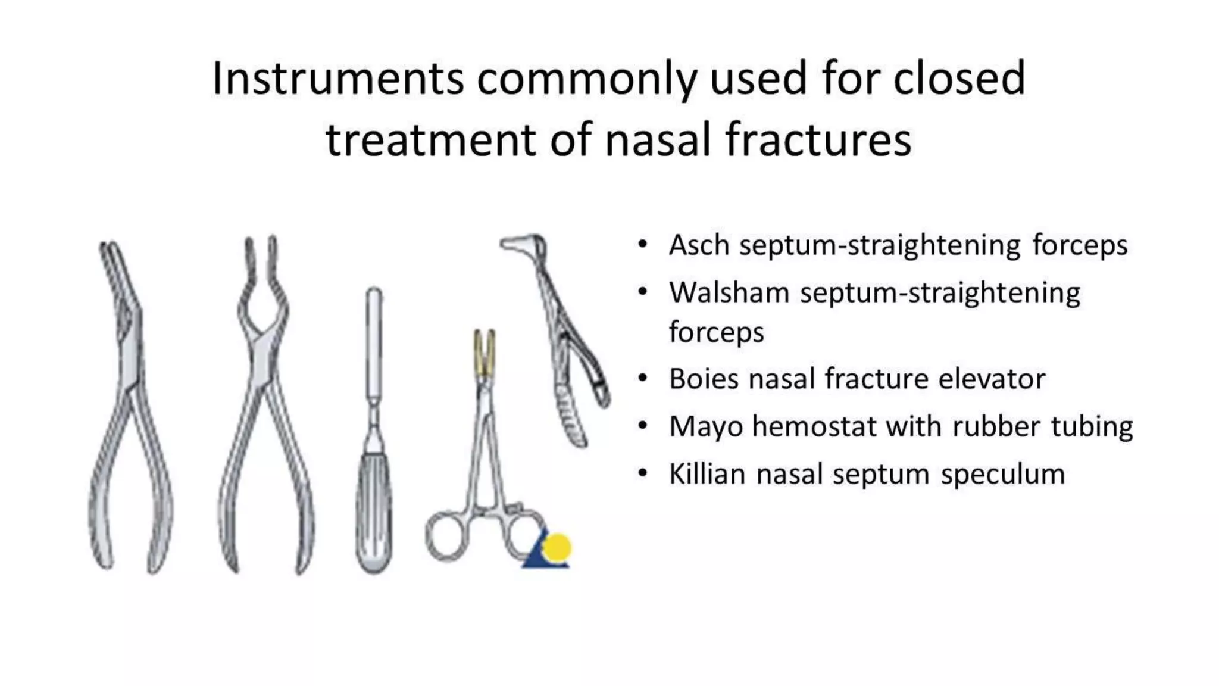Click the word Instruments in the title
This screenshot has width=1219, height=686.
pos(337,79)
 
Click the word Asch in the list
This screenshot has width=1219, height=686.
pos(699,245)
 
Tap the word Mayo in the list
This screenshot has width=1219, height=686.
pos(705,427)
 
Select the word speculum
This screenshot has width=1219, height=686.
pos(1002,475)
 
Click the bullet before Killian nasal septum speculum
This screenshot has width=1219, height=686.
pos(642,474)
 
